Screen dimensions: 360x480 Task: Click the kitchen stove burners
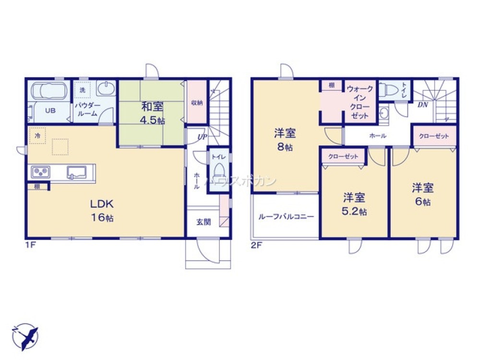pyautogui.click(x=40, y=171)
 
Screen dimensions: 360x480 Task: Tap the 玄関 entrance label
pyautogui.click(x=203, y=222)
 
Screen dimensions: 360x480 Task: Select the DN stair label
pyautogui.click(x=422, y=104)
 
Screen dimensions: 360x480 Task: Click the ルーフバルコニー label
pyautogui.click(x=286, y=216)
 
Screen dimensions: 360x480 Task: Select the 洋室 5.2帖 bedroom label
pyautogui.click(x=354, y=204)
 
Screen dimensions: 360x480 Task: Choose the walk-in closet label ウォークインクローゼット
pyautogui.click(x=360, y=102)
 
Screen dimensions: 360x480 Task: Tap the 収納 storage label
pyautogui.click(x=196, y=102)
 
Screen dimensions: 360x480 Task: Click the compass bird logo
pyautogui.click(x=25, y=336)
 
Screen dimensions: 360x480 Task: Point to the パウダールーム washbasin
pyautogui.click(x=106, y=89)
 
